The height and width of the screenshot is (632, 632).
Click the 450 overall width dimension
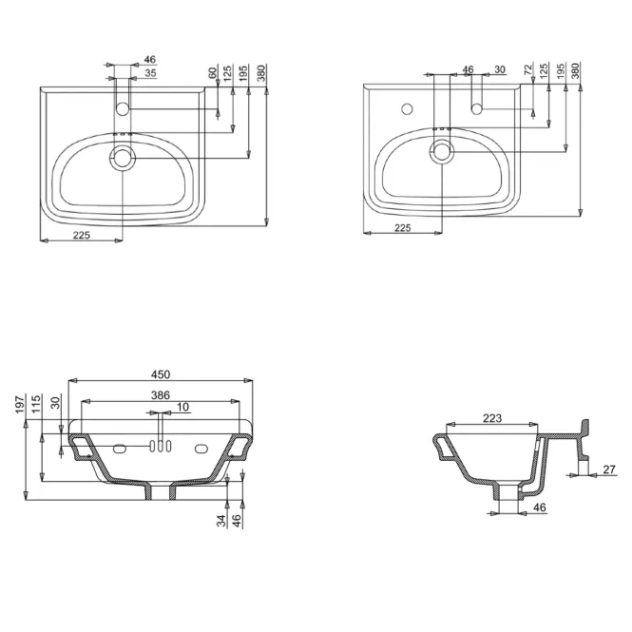pyautogui.click(x=161, y=374)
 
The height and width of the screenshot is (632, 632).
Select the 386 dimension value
pyautogui.click(x=161, y=395)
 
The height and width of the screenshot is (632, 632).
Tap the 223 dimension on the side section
pyautogui.click(x=492, y=418)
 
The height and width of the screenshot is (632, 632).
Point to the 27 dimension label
pyautogui.click(x=609, y=469)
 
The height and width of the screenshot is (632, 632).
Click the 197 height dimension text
pyautogui.click(x=20, y=404)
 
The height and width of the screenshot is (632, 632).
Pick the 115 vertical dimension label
pyautogui.click(x=36, y=404)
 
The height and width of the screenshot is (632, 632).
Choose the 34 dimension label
pyautogui.click(x=221, y=521)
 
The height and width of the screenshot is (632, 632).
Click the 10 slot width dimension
pyautogui.click(x=182, y=407)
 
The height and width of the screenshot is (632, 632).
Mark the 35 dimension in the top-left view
pyautogui.click(x=150, y=73)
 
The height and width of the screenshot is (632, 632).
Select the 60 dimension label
pyautogui.click(x=213, y=73)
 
